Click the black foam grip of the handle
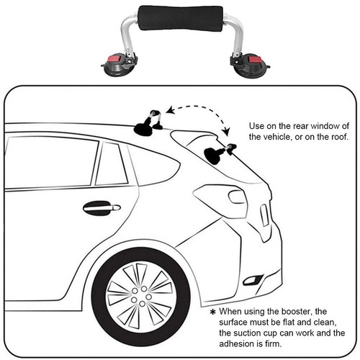181,18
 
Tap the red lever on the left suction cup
113,59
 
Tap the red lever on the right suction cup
254,59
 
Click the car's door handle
102,207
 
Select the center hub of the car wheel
142,297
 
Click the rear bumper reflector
253,279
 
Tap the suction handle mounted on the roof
148,125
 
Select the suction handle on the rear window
220,153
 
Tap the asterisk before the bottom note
212,312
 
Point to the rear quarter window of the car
155,166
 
